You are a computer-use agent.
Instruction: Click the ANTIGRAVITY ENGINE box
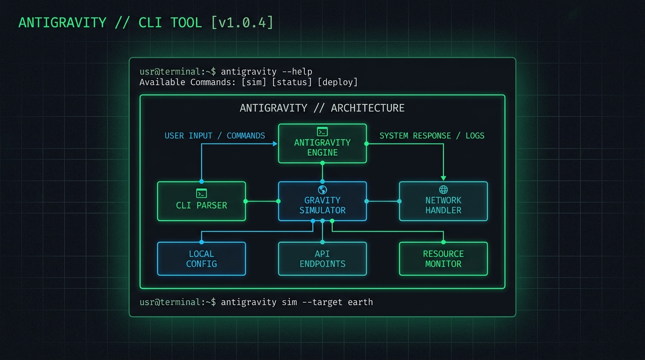[x=322, y=143]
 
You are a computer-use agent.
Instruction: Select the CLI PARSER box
[x=201, y=201]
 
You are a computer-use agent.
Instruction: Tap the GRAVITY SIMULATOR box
[x=322, y=201]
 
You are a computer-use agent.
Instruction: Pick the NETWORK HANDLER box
[x=443, y=201]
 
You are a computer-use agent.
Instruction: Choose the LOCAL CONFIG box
[x=201, y=259]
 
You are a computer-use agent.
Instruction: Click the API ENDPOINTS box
[x=322, y=259]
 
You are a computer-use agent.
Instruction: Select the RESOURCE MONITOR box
[x=443, y=259]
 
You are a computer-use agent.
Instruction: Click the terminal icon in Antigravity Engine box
[x=322, y=132]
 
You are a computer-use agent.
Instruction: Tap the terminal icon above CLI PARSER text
[x=201, y=193]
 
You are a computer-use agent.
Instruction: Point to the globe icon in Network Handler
[x=443, y=189]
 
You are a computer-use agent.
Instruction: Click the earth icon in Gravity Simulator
[x=322, y=190]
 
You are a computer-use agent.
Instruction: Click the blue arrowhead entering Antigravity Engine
[x=275, y=144]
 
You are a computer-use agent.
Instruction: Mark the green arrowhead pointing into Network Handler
[x=443, y=178]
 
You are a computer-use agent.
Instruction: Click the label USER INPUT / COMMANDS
[x=215, y=135]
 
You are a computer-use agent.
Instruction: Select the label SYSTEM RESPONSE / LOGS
[x=432, y=135]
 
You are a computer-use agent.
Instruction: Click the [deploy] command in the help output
[x=337, y=82]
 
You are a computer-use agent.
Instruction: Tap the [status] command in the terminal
[x=292, y=82]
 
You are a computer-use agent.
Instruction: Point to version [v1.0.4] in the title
[x=242, y=22]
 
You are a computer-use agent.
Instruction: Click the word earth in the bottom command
[x=360, y=302]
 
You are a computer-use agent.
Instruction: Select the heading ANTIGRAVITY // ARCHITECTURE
[x=322, y=108]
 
